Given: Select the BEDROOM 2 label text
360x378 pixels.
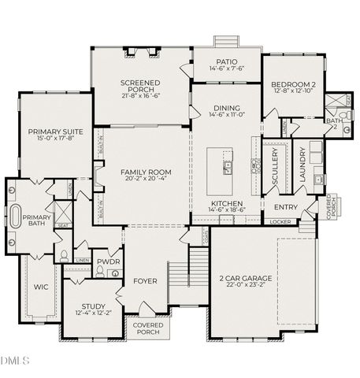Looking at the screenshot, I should pos(292,83).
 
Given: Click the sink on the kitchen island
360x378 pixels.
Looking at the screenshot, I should pos(227,167).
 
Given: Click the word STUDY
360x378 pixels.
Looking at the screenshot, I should pos(93,307).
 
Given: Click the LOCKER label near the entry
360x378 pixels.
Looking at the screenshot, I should pos(280,221).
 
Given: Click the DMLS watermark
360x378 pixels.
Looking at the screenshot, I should pos(14,361).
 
